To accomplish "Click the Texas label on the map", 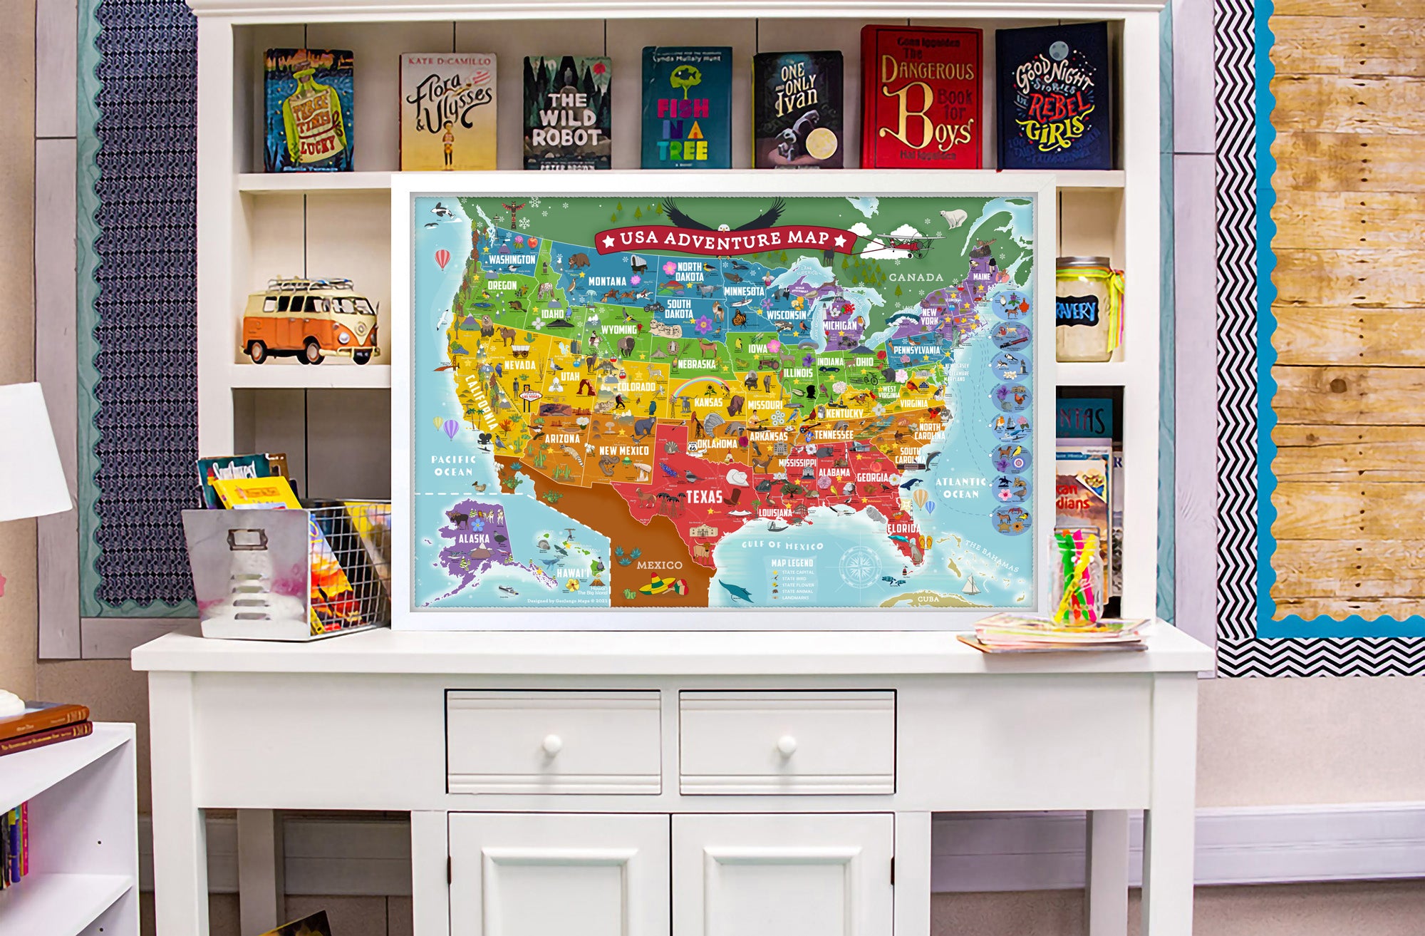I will click(704, 497).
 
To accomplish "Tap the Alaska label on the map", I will click(473, 538).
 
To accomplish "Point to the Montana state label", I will click(607, 282).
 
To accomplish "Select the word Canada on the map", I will click(916, 277).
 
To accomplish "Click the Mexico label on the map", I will click(659, 565).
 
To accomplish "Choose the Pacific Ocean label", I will click(454, 466).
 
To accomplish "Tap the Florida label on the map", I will click(903, 529).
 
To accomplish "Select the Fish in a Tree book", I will click(686, 108).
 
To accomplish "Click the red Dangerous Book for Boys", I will click(921, 98).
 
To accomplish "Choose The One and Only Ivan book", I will click(798, 110).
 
